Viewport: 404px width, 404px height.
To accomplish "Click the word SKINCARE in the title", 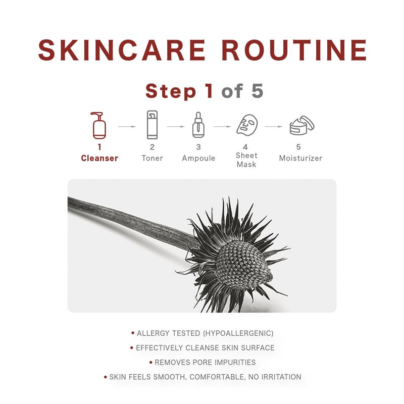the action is pos(122,50).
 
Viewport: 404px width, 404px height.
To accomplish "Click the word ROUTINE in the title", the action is pos(294,50).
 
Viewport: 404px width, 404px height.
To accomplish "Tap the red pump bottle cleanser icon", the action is pos(98,125).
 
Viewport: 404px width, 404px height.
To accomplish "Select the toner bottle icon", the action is pos(152,125).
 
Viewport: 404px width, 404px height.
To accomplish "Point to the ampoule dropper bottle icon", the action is pos(198,125).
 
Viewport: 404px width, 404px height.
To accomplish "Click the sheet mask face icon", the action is pos(247,125).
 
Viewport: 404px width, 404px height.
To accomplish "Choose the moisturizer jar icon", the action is pos(301,125).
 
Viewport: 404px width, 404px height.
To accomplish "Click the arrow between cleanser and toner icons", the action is pos(127,127).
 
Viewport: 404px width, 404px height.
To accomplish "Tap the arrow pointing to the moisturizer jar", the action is pos(274,127).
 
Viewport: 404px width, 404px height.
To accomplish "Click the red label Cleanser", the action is pos(99,158).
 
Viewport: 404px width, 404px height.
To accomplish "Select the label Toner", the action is pos(153,158).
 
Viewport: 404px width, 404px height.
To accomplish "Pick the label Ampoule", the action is pos(198,158).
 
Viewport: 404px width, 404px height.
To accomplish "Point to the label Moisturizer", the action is pos(300,158).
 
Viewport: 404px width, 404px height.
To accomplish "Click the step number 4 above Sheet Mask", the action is pos(245,147).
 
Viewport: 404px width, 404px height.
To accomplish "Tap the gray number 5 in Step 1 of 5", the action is pos(257,91).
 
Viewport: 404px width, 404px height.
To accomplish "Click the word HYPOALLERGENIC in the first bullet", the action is pos(238,333).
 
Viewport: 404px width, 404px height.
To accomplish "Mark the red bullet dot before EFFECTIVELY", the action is pos(132,347).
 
